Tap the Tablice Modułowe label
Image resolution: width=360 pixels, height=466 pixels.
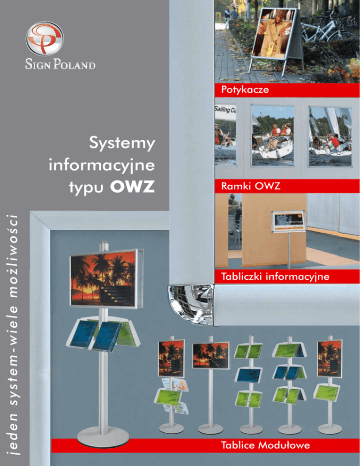[x=266, y=445]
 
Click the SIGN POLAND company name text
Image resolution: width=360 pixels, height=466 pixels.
[x=60, y=64]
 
